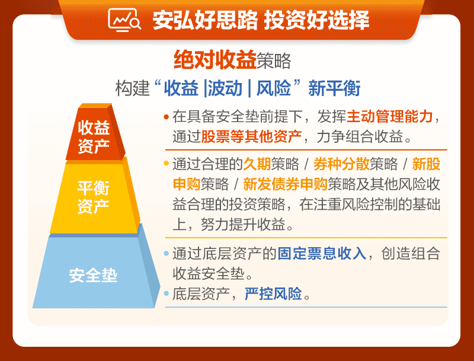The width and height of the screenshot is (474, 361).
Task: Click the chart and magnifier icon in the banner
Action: tap(124, 20)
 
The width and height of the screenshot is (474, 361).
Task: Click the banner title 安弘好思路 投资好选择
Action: tap(261, 20)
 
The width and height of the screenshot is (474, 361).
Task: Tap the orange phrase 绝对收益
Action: tap(215, 59)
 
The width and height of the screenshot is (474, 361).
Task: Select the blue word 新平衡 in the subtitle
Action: tap(334, 88)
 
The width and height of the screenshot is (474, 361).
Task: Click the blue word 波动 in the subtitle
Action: tap(225, 88)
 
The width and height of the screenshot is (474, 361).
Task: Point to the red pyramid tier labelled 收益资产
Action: tap(95, 132)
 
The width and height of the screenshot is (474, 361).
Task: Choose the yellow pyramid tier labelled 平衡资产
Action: tap(95, 196)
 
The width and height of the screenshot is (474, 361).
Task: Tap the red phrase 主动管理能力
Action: tap(390, 116)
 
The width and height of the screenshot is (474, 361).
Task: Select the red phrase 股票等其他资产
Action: tap(251, 136)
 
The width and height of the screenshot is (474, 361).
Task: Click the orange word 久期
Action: tap(257, 164)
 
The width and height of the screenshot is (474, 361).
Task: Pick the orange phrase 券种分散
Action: tap(341, 164)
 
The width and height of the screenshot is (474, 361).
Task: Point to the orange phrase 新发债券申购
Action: tap(285, 184)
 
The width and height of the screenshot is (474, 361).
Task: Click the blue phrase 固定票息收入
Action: tap(322, 253)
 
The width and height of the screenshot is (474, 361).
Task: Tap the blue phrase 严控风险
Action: tap(273, 293)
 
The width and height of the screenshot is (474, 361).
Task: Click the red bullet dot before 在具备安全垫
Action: tap(166, 117)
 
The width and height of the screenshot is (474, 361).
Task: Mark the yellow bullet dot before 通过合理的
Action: tap(166, 164)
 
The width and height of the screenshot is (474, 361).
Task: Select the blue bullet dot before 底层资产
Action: tap(166, 293)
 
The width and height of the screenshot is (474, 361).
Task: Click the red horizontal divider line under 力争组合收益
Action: tap(306, 149)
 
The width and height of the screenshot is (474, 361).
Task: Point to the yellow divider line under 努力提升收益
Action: tap(306, 238)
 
